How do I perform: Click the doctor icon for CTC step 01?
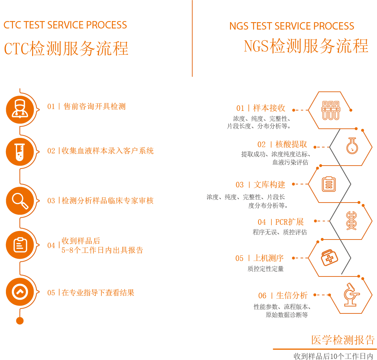20,110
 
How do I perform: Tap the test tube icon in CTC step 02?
20,152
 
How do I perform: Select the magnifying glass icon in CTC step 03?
20,201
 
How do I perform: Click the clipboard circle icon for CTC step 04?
20,245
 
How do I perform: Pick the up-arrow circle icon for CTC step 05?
20,292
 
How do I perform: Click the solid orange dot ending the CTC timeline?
20,321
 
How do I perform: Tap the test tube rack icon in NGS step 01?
330,111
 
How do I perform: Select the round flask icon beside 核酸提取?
352,146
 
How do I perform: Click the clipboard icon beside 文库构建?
329,184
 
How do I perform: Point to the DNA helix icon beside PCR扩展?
351,221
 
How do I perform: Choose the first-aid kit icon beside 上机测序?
329,258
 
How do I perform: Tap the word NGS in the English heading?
239,26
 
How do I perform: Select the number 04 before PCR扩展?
262,222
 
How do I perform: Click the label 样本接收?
269,108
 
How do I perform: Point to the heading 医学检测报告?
343,340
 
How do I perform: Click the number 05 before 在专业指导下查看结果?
51,293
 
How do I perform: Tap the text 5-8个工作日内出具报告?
102,250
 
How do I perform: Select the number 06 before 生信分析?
262,296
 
